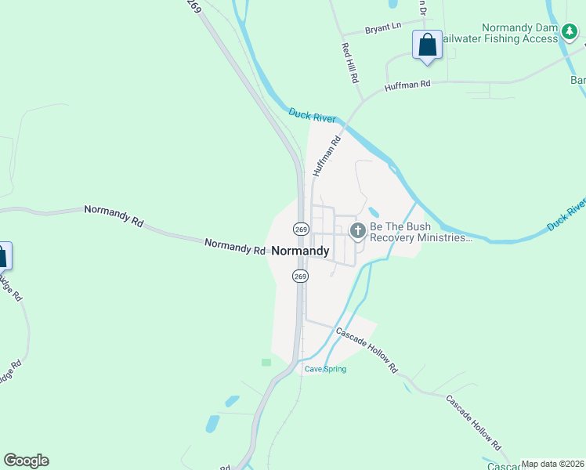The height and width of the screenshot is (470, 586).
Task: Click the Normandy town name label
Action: point(300,251)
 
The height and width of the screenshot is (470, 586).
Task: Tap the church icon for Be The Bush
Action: point(357,230)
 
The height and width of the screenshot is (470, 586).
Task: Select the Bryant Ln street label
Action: point(383,29)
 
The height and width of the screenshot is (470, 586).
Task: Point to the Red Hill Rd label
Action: point(349,63)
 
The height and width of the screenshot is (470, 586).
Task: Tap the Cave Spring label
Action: point(325,369)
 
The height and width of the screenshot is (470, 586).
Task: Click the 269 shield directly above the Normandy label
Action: point(301,228)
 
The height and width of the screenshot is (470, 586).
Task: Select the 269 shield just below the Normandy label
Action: point(300,276)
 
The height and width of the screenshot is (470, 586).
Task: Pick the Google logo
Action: point(26,461)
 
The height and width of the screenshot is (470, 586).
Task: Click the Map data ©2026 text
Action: point(552,464)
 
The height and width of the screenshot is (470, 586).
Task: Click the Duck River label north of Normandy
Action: point(312,115)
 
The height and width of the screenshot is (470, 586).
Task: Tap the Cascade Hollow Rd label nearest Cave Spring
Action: point(367,349)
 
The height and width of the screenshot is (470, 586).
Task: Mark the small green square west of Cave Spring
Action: point(266,363)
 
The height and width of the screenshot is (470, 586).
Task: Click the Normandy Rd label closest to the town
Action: point(235,247)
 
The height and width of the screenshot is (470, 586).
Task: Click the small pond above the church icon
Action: point(373,211)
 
